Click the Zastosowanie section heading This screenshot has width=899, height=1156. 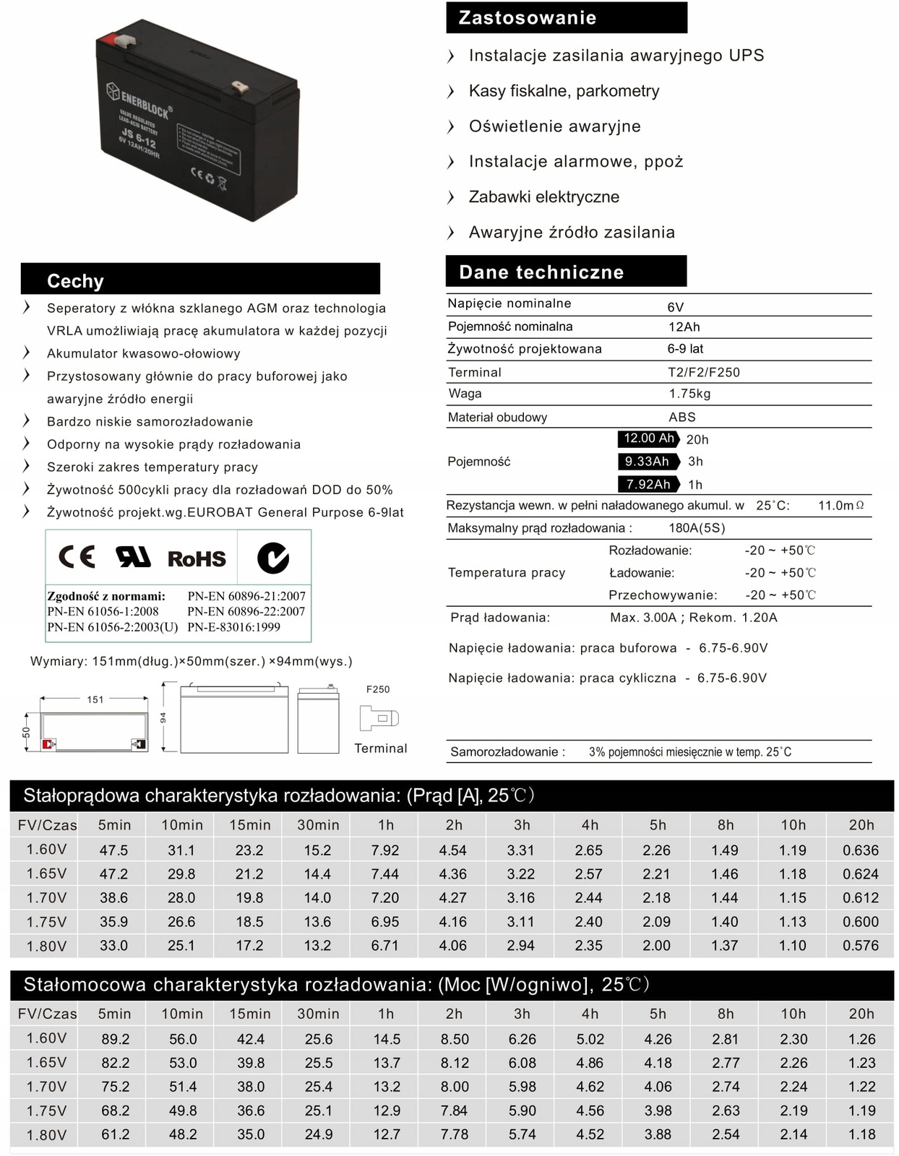point(528,18)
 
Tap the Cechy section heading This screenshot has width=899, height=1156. point(75,281)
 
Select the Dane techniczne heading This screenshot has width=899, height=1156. point(541,272)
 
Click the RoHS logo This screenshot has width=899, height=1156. point(197,558)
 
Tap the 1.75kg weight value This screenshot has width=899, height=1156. point(689,394)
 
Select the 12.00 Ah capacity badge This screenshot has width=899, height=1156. point(648,439)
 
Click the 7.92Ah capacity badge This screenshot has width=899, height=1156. point(648,484)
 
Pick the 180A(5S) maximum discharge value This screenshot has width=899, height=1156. point(697,528)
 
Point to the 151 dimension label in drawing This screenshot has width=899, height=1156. point(95,699)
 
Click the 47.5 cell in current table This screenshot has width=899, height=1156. point(114,850)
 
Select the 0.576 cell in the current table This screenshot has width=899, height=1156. point(861,945)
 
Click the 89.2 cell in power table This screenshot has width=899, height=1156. point(116,1039)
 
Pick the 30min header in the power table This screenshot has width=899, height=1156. point(318,1014)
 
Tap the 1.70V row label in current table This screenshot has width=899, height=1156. point(47,898)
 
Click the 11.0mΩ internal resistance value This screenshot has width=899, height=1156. point(840,506)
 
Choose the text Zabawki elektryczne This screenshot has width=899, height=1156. point(543,197)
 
